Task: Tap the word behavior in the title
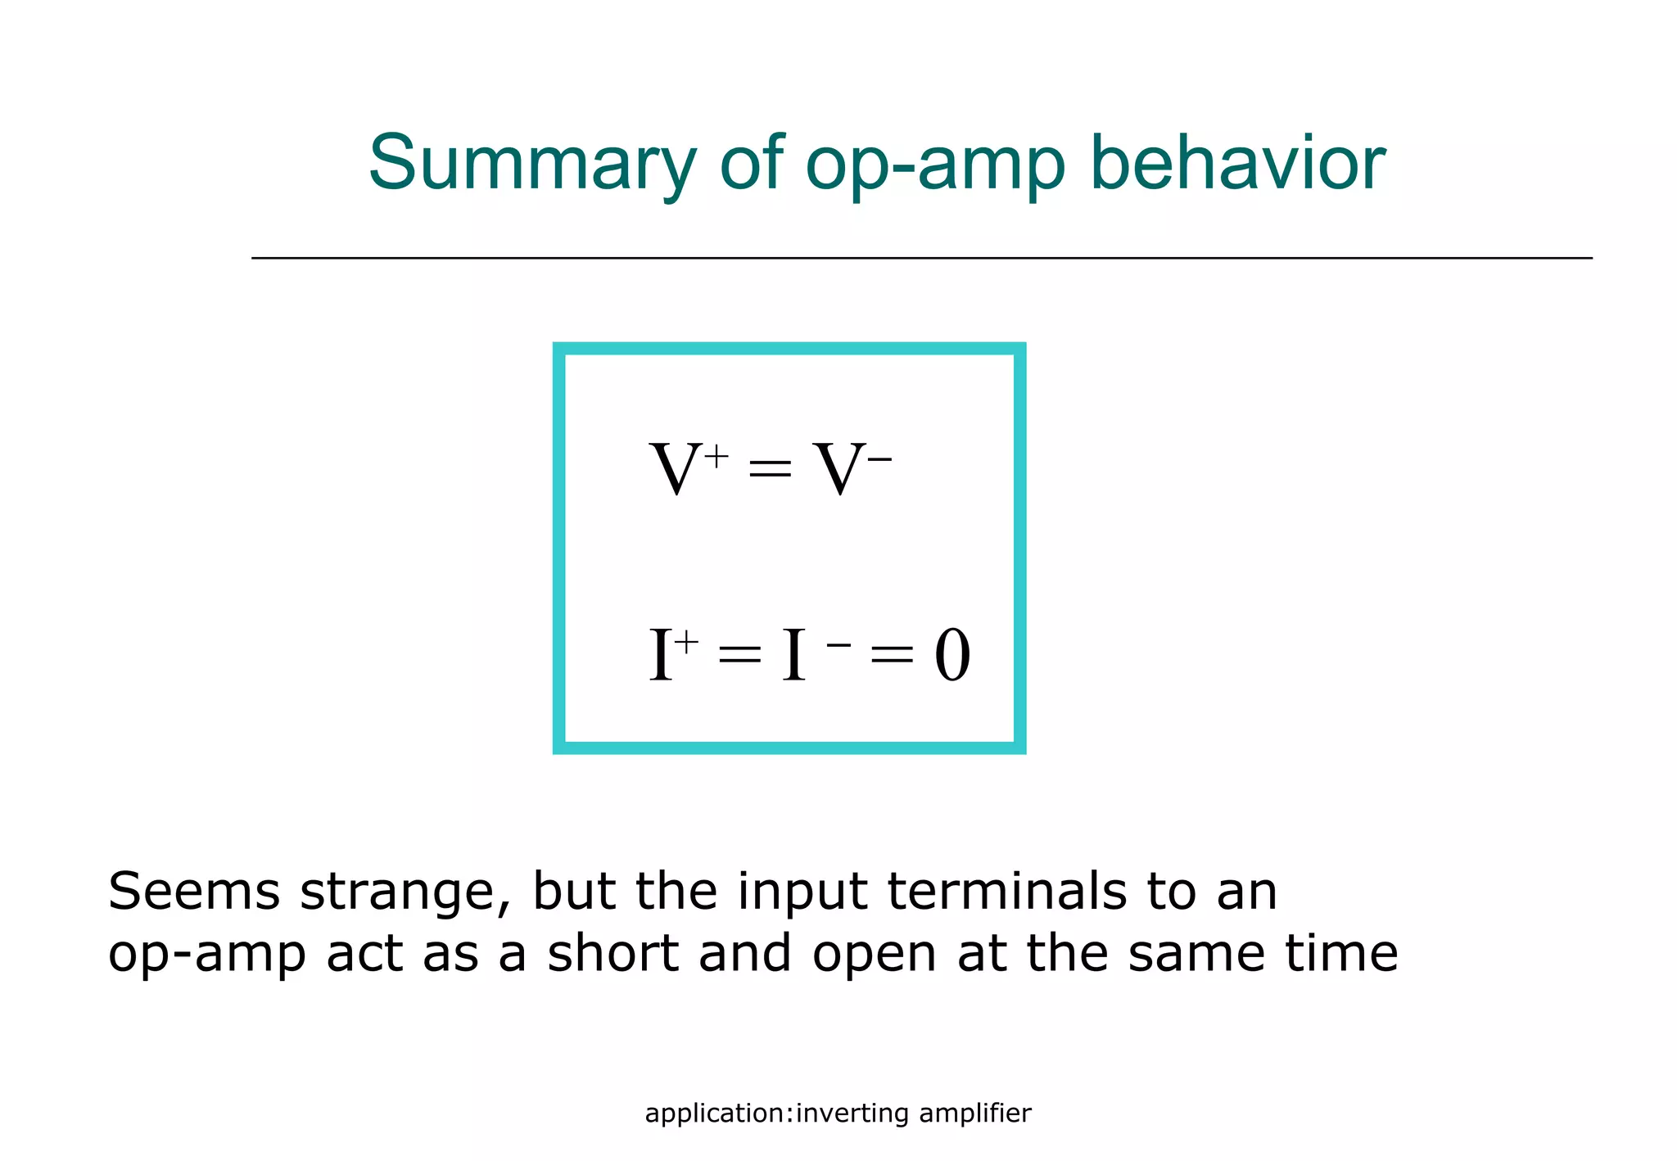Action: pos(1237,164)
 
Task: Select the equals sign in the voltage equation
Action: pos(770,472)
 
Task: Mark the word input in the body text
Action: pos(802,892)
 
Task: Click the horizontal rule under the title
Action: pos(921,258)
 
